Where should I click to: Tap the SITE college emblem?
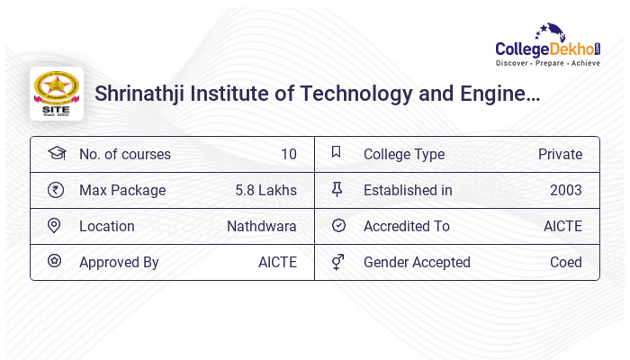pos(56,93)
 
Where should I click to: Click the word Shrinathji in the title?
pos(139,93)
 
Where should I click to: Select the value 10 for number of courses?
pos(288,154)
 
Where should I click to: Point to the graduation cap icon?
pos(56,153)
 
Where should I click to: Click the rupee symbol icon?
pos(56,190)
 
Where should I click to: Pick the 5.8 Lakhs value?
pos(265,190)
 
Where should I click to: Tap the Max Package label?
pos(122,190)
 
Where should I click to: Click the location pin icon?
pos(54,226)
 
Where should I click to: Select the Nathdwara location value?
pos(261,226)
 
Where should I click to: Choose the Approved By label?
pos(119,262)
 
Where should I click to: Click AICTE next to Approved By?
pos(277,262)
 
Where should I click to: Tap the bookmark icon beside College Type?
pos(337,152)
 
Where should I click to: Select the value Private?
pos(560,154)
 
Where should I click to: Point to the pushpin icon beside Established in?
pos(337,189)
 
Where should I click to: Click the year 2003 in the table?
pos(566,190)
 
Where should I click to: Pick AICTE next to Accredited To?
pos(562,226)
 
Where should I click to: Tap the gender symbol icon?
pos(337,262)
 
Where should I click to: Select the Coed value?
pos(566,262)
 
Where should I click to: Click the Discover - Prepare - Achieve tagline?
pos(547,63)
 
